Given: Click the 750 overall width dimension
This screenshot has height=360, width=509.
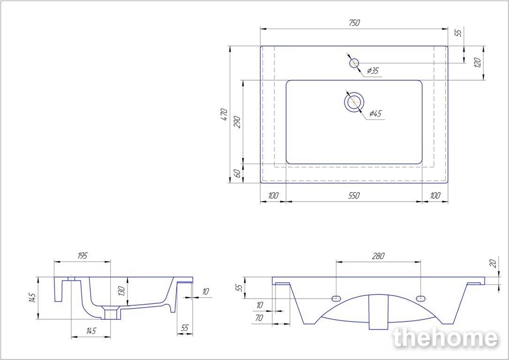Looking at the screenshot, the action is (355, 23).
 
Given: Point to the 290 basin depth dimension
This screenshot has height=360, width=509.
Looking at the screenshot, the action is (237, 122).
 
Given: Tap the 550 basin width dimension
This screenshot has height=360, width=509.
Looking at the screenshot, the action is (354, 195).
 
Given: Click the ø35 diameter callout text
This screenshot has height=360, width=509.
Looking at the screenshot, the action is (373, 70).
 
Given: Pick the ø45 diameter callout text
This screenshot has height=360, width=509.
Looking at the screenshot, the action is (375, 113).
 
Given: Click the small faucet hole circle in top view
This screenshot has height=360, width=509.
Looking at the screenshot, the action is (354, 63).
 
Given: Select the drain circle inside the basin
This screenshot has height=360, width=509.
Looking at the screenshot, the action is (354, 102).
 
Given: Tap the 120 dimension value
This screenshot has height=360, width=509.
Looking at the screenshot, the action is (477, 62).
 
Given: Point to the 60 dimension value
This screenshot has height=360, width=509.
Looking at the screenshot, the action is (237, 173).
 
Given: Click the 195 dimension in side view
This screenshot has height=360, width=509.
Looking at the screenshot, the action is (83, 255).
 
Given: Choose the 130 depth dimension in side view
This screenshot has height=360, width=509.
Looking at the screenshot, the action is (122, 291).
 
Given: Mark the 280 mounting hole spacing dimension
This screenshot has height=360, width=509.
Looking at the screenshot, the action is (378, 256).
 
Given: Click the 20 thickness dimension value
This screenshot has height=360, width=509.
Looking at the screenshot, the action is (493, 263).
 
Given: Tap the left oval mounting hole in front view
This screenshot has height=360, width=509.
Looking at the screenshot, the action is (336, 298).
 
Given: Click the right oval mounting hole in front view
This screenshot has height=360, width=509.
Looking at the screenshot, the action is (421, 298).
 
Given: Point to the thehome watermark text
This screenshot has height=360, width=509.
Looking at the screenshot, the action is (445, 338).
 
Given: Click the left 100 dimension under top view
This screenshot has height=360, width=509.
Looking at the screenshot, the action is (273, 195).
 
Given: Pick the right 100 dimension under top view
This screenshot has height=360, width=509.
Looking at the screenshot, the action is (435, 195).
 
